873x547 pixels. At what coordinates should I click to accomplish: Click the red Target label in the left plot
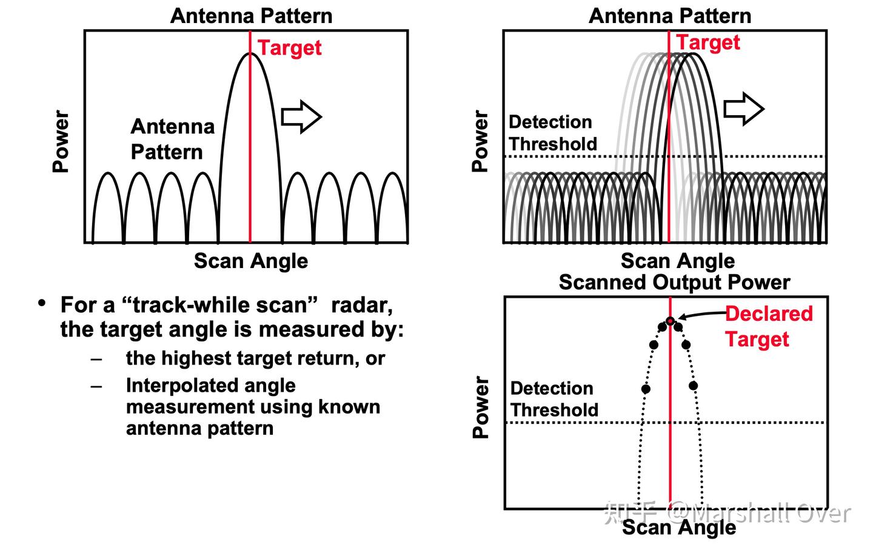pyautogui.click(x=290, y=48)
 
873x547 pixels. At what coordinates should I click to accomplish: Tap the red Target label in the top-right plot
pyautogui.click(x=708, y=42)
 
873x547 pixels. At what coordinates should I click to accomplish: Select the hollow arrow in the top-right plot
pyautogui.click(x=744, y=109)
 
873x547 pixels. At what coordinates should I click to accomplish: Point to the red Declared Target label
pyautogui.click(x=769, y=326)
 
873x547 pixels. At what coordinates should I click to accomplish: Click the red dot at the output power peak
pyautogui.click(x=670, y=321)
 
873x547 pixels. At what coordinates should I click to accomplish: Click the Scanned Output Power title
pyautogui.click(x=674, y=283)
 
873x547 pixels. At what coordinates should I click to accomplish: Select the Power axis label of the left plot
pyautogui.click(x=61, y=141)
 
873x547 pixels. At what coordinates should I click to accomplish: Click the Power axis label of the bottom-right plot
pyautogui.click(x=481, y=408)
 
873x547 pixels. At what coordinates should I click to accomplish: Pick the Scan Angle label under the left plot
pyautogui.click(x=251, y=261)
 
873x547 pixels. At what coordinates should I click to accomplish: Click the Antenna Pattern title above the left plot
pyautogui.click(x=251, y=16)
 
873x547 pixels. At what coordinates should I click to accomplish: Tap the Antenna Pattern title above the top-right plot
pyautogui.click(x=670, y=16)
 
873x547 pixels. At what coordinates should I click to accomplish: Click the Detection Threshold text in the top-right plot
pyautogui.click(x=552, y=133)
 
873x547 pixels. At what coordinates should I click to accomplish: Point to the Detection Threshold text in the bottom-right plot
pyautogui.click(x=554, y=399)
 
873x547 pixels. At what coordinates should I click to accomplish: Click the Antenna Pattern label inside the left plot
pyautogui.click(x=172, y=139)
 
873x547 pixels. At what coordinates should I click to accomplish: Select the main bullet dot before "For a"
pyautogui.click(x=41, y=303)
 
